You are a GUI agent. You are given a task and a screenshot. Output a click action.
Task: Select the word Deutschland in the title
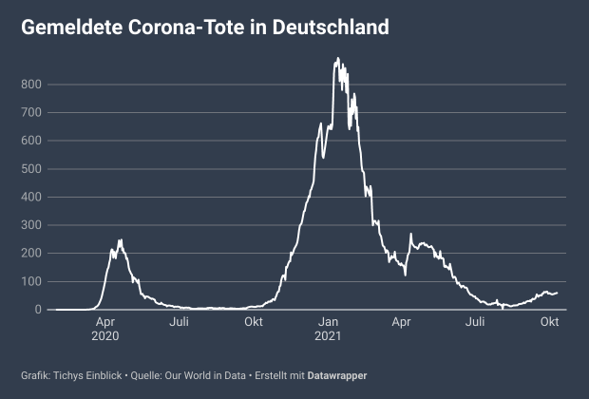[331, 28]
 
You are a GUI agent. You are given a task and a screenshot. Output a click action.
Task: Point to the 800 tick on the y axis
[32, 85]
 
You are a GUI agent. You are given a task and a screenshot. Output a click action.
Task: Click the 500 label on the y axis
[32, 169]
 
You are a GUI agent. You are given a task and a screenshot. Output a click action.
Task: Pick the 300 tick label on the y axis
[32, 225]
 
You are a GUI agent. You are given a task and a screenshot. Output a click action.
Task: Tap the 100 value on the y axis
[32, 281]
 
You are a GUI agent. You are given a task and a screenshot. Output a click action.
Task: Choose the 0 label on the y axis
[39, 310]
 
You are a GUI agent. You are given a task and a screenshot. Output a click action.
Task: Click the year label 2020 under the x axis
[105, 335]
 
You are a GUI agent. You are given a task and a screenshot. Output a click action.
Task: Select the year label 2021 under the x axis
[328, 335]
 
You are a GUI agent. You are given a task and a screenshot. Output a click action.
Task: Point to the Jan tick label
[328, 321]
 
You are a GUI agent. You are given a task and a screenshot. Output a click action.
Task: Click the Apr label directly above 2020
[105, 321]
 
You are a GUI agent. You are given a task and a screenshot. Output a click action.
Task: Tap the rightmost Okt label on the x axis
[549, 321]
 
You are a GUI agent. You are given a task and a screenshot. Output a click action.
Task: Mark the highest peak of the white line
[337, 59]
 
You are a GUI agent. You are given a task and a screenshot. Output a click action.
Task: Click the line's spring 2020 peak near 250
[121, 240]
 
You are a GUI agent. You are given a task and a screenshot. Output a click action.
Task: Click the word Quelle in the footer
[143, 375]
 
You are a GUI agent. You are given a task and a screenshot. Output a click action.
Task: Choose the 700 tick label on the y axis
[32, 113]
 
